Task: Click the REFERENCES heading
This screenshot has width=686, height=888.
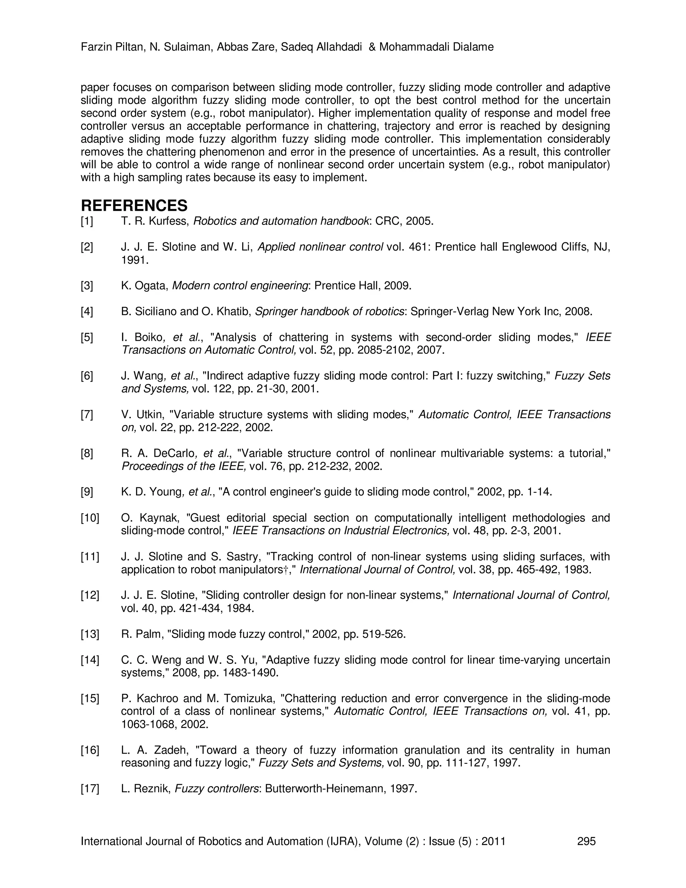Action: coord(134,206)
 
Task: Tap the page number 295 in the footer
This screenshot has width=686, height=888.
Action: coord(586,841)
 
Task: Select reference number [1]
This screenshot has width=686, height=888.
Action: coord(87,221)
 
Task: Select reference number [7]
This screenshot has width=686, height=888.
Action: coord(87,415)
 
